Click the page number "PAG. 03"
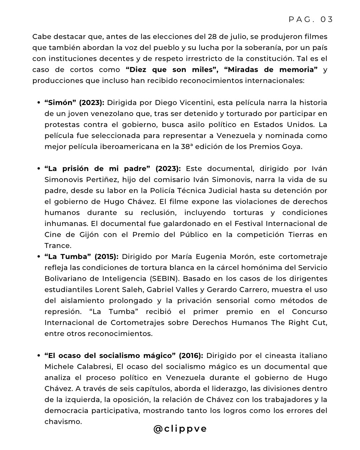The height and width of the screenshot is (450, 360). (x=311, y=19)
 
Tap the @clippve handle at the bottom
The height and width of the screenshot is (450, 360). (x=180, y=429)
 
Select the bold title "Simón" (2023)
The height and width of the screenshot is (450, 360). (x=74, y=103)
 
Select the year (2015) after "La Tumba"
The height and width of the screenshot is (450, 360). (x=106, y=257)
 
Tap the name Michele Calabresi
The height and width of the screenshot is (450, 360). (x=80, y=367)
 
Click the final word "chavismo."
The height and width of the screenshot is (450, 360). (x=63, y=422)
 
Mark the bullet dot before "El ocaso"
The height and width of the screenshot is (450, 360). (x=39, y=356)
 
